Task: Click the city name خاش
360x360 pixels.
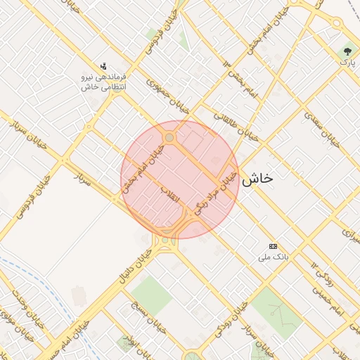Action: tap(257, 179)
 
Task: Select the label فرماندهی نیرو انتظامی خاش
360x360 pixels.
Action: tap(104, 81)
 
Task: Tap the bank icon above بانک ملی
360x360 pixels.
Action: tap(273, 246)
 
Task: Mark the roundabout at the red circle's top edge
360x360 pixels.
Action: tap(169, 137)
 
